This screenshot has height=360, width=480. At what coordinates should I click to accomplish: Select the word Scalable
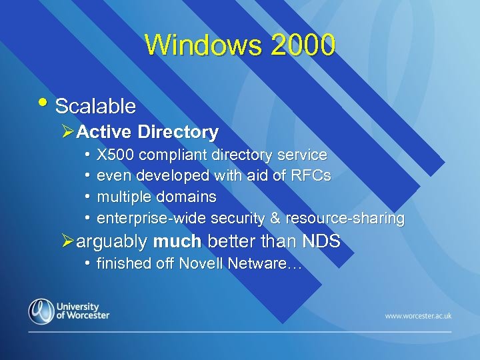tap(95, 106)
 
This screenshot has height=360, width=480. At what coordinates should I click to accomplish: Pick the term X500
tap(115, 155)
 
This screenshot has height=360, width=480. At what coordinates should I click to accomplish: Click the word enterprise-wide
tap(151, 218)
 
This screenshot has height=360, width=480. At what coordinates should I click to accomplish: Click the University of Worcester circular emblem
tap(41, 311)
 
